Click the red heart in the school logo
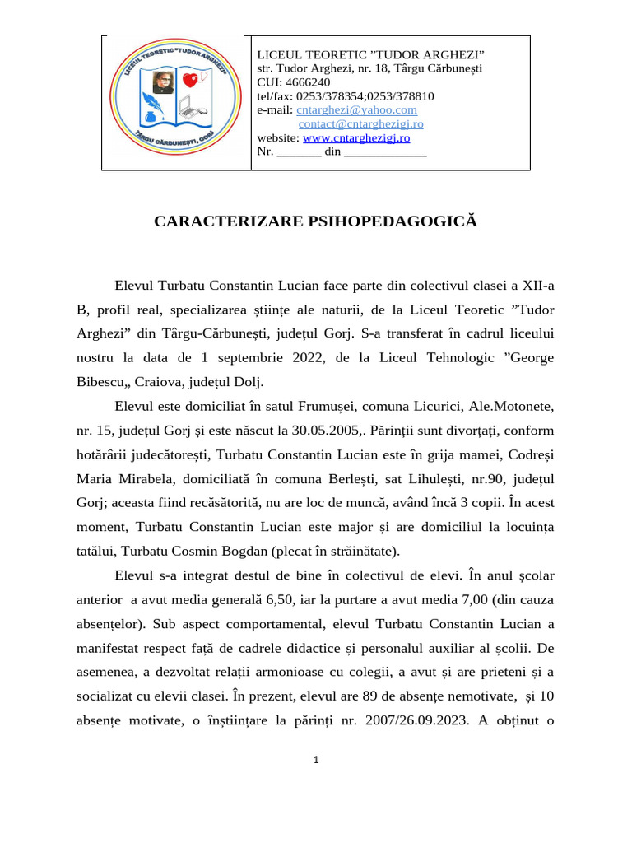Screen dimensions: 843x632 tap(191, 80)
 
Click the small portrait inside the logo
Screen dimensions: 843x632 tap(161, 82)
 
